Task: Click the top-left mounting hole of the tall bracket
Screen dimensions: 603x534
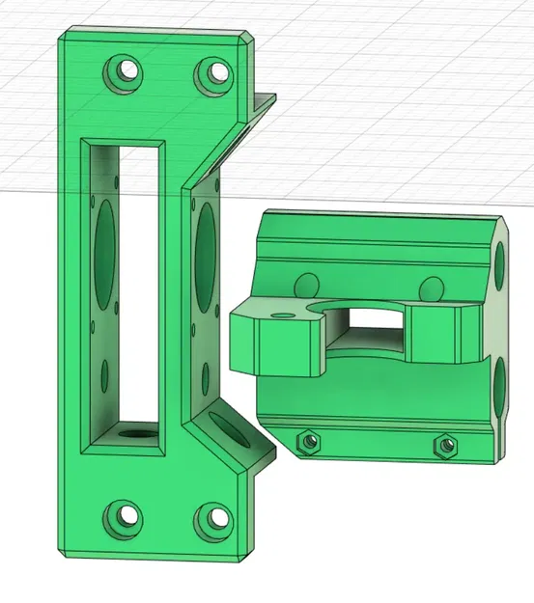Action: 124,72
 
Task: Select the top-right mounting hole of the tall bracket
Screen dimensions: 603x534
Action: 213,73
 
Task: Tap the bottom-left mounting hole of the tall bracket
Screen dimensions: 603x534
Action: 124,518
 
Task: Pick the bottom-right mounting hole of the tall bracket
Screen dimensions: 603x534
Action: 213,521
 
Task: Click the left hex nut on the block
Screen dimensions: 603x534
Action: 309,442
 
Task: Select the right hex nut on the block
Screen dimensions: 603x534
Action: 445,444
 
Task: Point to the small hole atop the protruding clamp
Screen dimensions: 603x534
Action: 284,314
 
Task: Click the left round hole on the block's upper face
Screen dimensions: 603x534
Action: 307,286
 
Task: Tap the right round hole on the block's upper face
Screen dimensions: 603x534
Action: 432,287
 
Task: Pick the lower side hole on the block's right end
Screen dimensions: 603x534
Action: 500,390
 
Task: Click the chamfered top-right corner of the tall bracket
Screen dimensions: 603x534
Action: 249,38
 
